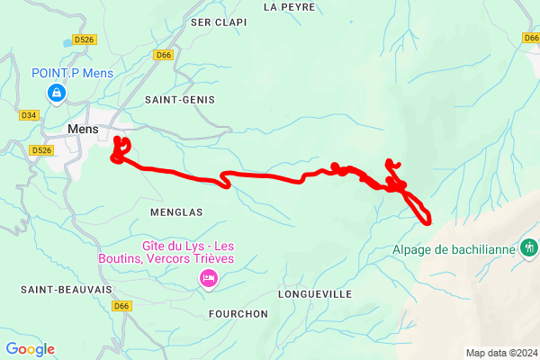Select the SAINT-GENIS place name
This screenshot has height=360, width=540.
[x=179, y=100]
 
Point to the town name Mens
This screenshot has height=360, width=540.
[x=83, y=129]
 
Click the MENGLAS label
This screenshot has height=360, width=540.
[x=176, y=212]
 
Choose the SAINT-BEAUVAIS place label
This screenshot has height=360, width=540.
[x=55, y=290]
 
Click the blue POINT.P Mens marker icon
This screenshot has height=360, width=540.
[x=57, y=92]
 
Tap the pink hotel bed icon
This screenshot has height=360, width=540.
[x=209, y=279]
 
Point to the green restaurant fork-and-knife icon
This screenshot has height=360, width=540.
[x=529, y=246]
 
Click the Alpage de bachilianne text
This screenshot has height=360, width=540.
[x=454, y=250]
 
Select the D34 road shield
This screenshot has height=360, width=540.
[x=28, y=115]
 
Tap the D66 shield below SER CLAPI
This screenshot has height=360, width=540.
[x=163, y=55]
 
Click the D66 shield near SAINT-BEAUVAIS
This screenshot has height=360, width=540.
[x=123, y=306]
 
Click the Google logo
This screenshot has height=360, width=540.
[x=30, y=349]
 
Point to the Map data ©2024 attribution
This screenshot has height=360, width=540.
[x=500, y=353]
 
